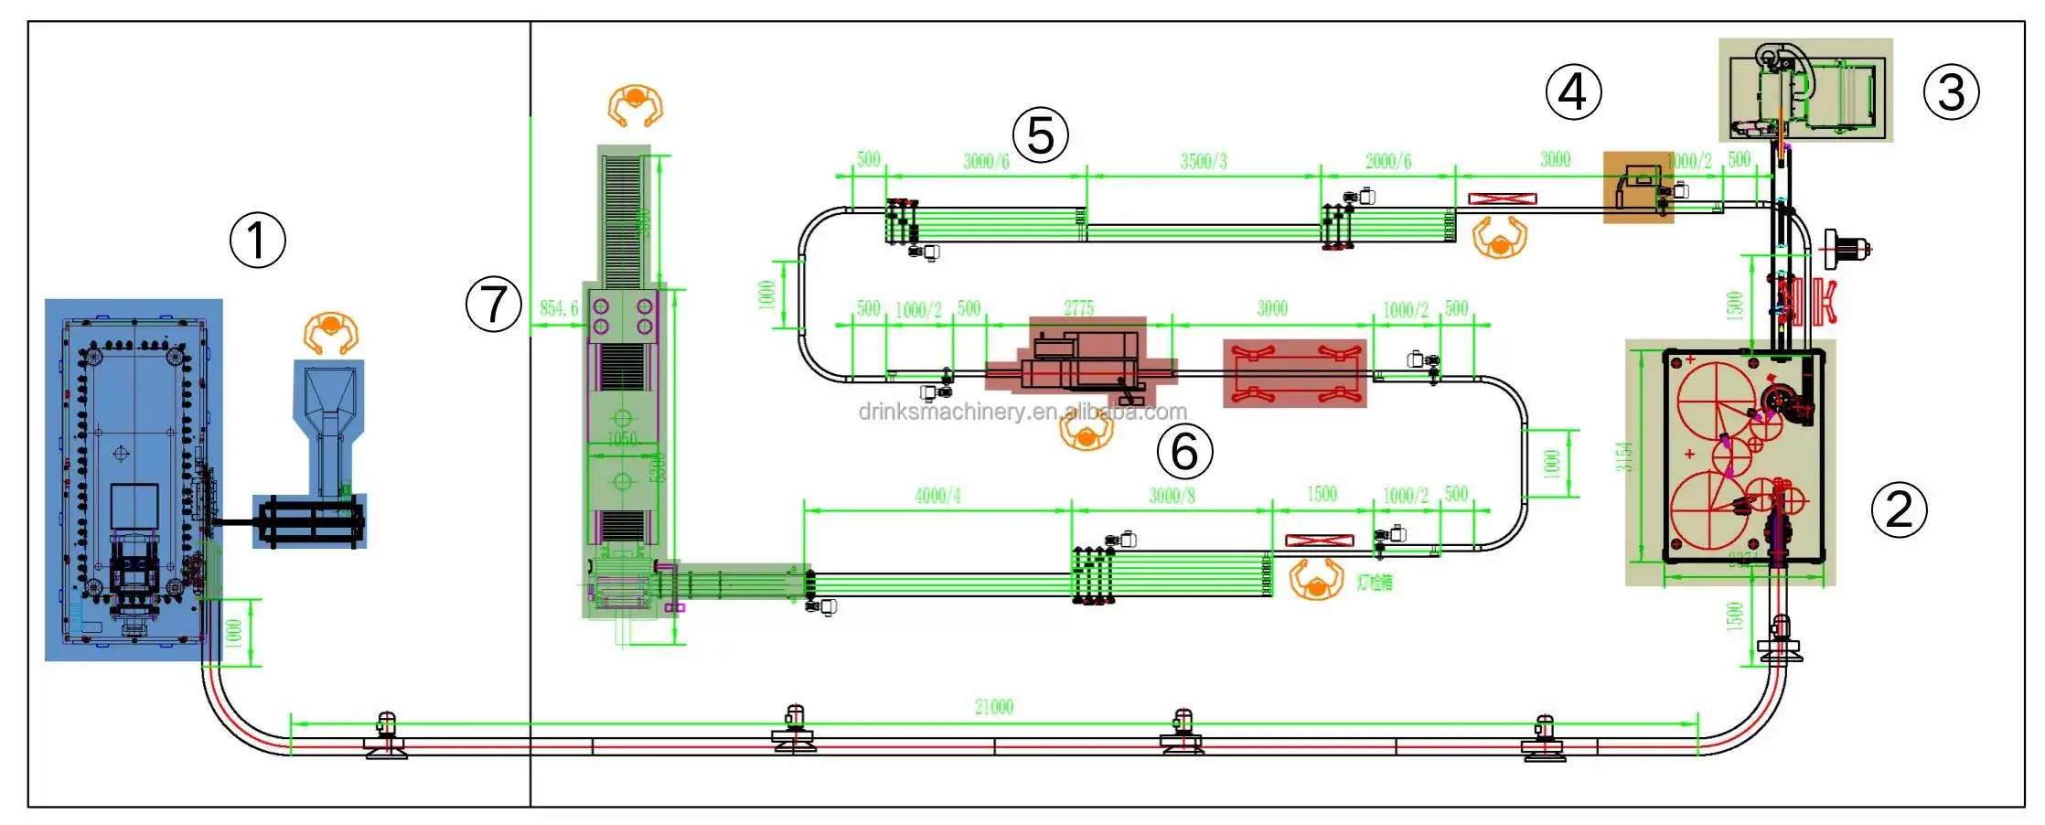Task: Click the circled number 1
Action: pyautogui.click(x=257, y=241)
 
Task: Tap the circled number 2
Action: pyautogui.click(x=1899, y=509)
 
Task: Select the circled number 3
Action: pyautogui.click(x=1951, y=92)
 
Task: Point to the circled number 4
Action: pyautogui.click(x=1573, y=92)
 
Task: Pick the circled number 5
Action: pyautogui.click(x=1041, y=135)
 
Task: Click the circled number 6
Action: pyautogui.click(x=1184, y=451)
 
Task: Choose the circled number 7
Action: pyautogui.click(x=494, y=305)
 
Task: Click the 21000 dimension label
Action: pyautogui.click(x=993, y=707)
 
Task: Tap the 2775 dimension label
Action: pyautogui.click(x=1078, y=308)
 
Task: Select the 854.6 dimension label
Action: pyautogui.click(x=559, y=308)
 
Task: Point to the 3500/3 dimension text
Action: pyautogui.click(x=1204, y=162)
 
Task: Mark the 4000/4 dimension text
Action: pyautogui.click(x=937, y=496)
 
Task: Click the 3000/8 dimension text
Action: pyautogui.click(x=1172, y=496)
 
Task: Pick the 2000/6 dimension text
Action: pyautogui.click(x=1387, y=162)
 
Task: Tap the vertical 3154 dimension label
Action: pyautogui.click(x=1623, y=456)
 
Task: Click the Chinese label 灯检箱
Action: pyautogui.click(x=1374, y=582)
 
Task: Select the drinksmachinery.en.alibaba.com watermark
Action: pyautogui.click(x=1022, y=412)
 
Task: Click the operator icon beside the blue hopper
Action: pyautogui.click(x=330, y=332)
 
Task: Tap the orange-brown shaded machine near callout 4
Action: pyautogui.click(x=1638, y=187)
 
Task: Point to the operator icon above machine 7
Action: pyautogui.click(x=635, y=106)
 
